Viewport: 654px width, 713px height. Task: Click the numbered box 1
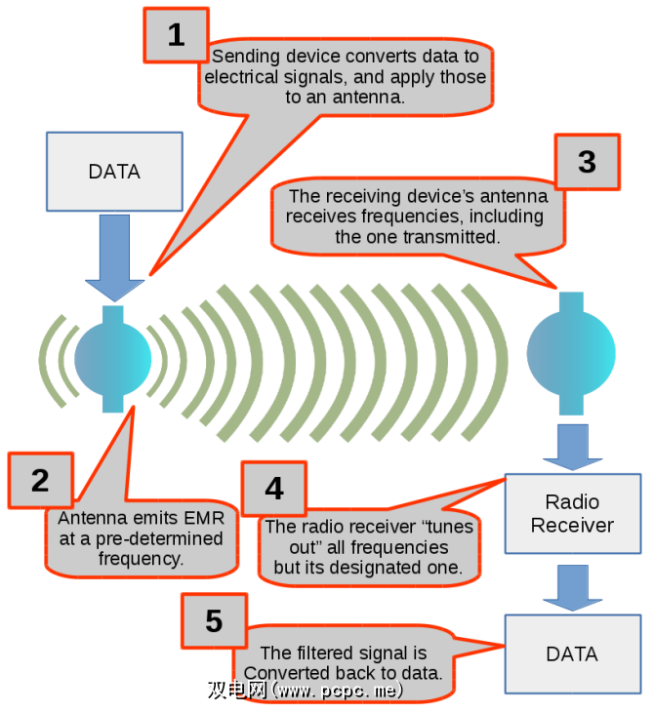[176, 35]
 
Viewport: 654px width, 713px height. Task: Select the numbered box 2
[40, 480]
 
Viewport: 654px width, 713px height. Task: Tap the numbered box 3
[587, 161]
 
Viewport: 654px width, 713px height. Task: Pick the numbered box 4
[274, 488]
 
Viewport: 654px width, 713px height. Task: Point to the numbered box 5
[214, 620]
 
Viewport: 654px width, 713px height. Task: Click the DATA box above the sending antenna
[114, 172]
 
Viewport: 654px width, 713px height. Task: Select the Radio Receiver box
[572, 514]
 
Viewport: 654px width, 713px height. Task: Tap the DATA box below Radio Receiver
[572, 653]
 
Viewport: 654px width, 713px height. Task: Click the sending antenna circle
[113, 358]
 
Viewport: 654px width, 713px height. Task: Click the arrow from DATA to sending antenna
[114, 256]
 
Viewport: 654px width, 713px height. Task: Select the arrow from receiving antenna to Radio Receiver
[571, 444]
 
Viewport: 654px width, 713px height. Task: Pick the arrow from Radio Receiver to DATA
[571, 583]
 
